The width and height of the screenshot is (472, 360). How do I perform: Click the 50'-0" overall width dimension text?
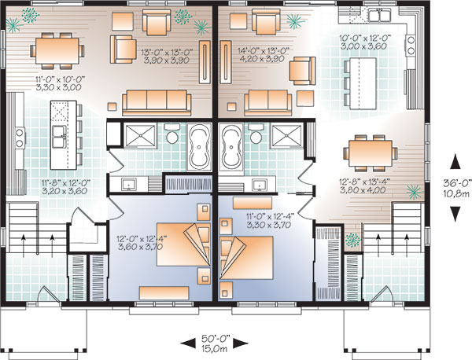point(216,339)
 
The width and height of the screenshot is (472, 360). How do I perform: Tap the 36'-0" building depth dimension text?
point(456,183)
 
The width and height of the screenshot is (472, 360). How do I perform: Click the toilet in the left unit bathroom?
point(172,134)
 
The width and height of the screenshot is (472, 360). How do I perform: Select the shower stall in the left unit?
point(140,136)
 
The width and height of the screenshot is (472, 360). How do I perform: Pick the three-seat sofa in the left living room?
point(157,102)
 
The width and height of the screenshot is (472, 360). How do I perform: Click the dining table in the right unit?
point(371,153)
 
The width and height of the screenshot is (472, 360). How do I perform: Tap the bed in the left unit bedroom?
point(183,244)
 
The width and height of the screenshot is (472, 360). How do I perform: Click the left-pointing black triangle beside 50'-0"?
point(189,343)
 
